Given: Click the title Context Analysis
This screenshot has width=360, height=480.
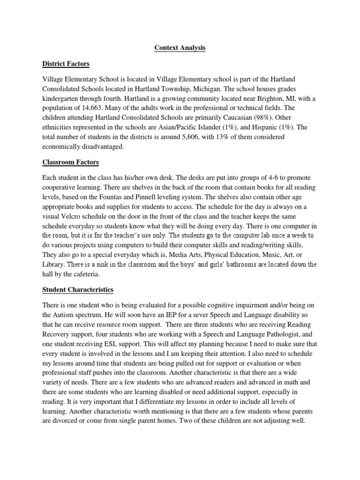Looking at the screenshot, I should tap(180, 48).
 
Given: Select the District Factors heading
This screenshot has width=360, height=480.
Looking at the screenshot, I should tap(66, 63).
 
